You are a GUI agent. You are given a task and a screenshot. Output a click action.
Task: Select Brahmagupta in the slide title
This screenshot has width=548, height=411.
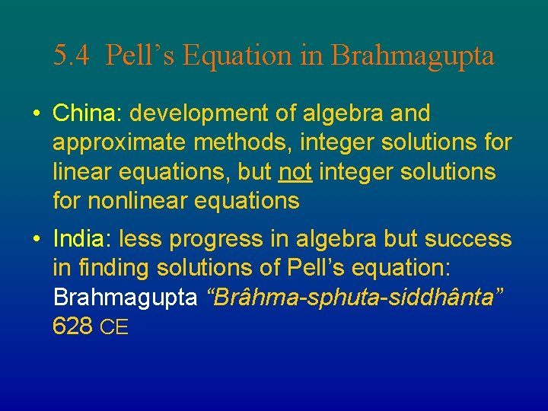(413, 56)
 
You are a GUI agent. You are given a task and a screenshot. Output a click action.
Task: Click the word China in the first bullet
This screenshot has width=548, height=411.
(81, 113)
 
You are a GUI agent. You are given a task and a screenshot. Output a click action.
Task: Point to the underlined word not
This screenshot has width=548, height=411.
(295, 172)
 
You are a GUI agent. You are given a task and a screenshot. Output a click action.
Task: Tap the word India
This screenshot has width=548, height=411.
(79, 239)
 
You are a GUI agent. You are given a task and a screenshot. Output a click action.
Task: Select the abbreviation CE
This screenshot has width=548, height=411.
(115, 328)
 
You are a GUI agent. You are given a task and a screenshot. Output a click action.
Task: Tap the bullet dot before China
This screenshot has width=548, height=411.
(36, 114)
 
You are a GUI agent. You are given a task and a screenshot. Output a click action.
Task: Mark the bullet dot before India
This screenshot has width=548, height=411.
(36, 240)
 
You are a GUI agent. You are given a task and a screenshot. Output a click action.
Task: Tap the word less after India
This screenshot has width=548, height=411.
(138, 239)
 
